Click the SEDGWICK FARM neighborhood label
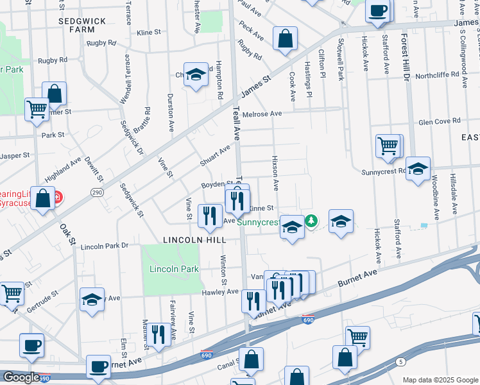tap(81, 25)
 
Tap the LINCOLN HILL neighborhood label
tap(194, 239)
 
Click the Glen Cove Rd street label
tap(439, 121)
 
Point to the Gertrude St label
tap(42, 298)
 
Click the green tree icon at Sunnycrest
tap(311, 221)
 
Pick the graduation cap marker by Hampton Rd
tap(196, 74)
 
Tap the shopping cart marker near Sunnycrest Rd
tap(388, 146)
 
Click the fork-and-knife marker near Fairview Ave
tap(158, 333)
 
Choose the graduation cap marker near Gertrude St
tap(92, 299)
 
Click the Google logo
tap(21, 377)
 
